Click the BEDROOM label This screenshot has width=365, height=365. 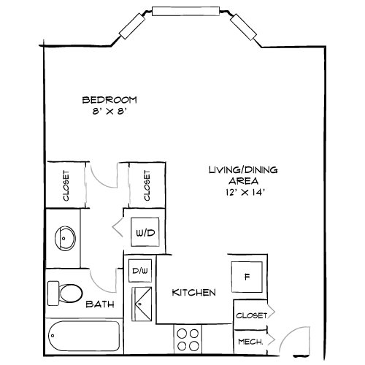click(x=109, y=100)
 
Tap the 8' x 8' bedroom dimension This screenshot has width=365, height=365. click(x=109, y=112)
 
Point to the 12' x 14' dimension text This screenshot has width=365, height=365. click(x=245, y=193)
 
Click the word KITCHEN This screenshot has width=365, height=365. click(x=193, y=293)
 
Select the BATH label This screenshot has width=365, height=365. click(x=100, y=304)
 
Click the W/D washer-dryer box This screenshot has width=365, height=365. click(x=145, y=232)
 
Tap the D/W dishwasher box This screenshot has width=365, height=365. click(x=140, y=271)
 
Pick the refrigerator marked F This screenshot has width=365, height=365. click(x=247, y=277)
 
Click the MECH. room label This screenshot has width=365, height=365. click(x=250, y=342)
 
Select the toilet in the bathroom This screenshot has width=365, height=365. click(x=65, y=293)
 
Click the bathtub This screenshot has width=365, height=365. click(x=84, y=336)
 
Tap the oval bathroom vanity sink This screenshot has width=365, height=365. click(x=65, y=238)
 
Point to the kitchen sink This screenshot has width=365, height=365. click(x=142, y=304)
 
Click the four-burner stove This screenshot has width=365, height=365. click(x=188, y=339)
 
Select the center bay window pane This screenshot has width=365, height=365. click(x=186, y=11)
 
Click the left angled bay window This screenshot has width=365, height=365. click(x=132, y=26)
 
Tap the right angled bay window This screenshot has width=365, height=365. click(x=243, y=27)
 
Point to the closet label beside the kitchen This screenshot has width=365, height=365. click(x=252, y=315)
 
